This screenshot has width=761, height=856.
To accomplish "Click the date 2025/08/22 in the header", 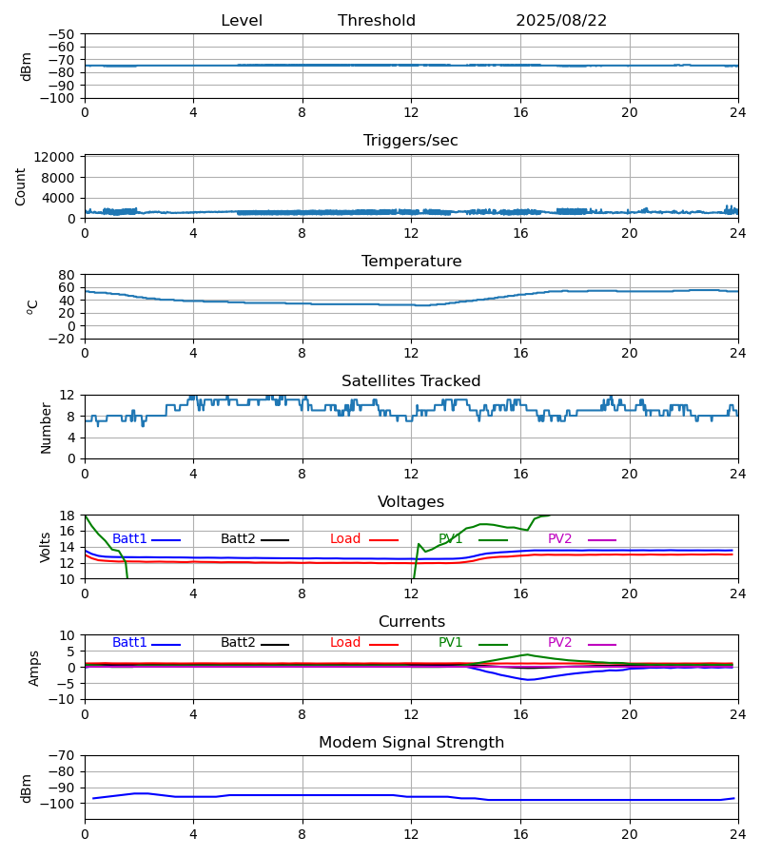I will point(561,21).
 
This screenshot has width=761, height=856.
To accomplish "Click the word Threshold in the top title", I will point(377,21).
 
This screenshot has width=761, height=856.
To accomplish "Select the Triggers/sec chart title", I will point(411,141).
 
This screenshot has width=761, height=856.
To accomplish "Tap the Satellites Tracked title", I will point(411,381).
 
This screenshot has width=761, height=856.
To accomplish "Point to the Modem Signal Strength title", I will point(411,743).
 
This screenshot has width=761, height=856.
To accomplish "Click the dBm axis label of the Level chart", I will point(27,66).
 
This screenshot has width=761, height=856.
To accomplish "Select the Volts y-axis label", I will point(46,547).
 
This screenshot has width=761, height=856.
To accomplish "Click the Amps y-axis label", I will point(34,668).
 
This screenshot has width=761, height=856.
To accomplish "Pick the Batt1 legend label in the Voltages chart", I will point(130,539).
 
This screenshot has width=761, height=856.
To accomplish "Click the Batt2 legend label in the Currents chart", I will point(239,643).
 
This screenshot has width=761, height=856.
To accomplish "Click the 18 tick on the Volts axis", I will point(68,516).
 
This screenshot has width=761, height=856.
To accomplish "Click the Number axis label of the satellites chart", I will point(46,427).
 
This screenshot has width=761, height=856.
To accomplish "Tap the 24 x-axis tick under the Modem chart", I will point(738,834).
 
